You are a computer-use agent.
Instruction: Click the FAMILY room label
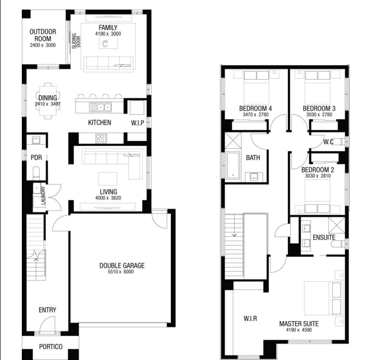[108, 28]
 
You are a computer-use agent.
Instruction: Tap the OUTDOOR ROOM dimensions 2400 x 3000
[43, 45]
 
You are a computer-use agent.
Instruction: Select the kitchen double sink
[100, 107]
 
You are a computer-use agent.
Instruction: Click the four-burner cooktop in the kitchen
[101, 138]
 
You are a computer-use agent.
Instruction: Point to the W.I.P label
[138, 123]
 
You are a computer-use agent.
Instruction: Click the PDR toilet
[36, 173]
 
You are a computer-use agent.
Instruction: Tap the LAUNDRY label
[43, 196]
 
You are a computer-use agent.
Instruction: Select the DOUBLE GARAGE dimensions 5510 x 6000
[121, 272]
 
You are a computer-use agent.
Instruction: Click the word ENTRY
[47, 310]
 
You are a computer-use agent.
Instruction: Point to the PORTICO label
[51, 347]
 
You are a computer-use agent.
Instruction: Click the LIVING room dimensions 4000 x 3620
[108, 198]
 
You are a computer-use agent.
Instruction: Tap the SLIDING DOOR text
[76, 41]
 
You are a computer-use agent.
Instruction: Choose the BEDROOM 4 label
[255, 108]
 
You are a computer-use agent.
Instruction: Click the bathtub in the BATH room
[233, 165]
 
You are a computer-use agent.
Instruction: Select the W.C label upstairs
[328, 142]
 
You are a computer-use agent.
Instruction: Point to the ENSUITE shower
[336, 225]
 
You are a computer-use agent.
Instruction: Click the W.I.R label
[250, 319]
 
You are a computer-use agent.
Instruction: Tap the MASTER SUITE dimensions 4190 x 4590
[299, 330]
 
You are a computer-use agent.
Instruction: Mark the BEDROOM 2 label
[318, 170]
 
